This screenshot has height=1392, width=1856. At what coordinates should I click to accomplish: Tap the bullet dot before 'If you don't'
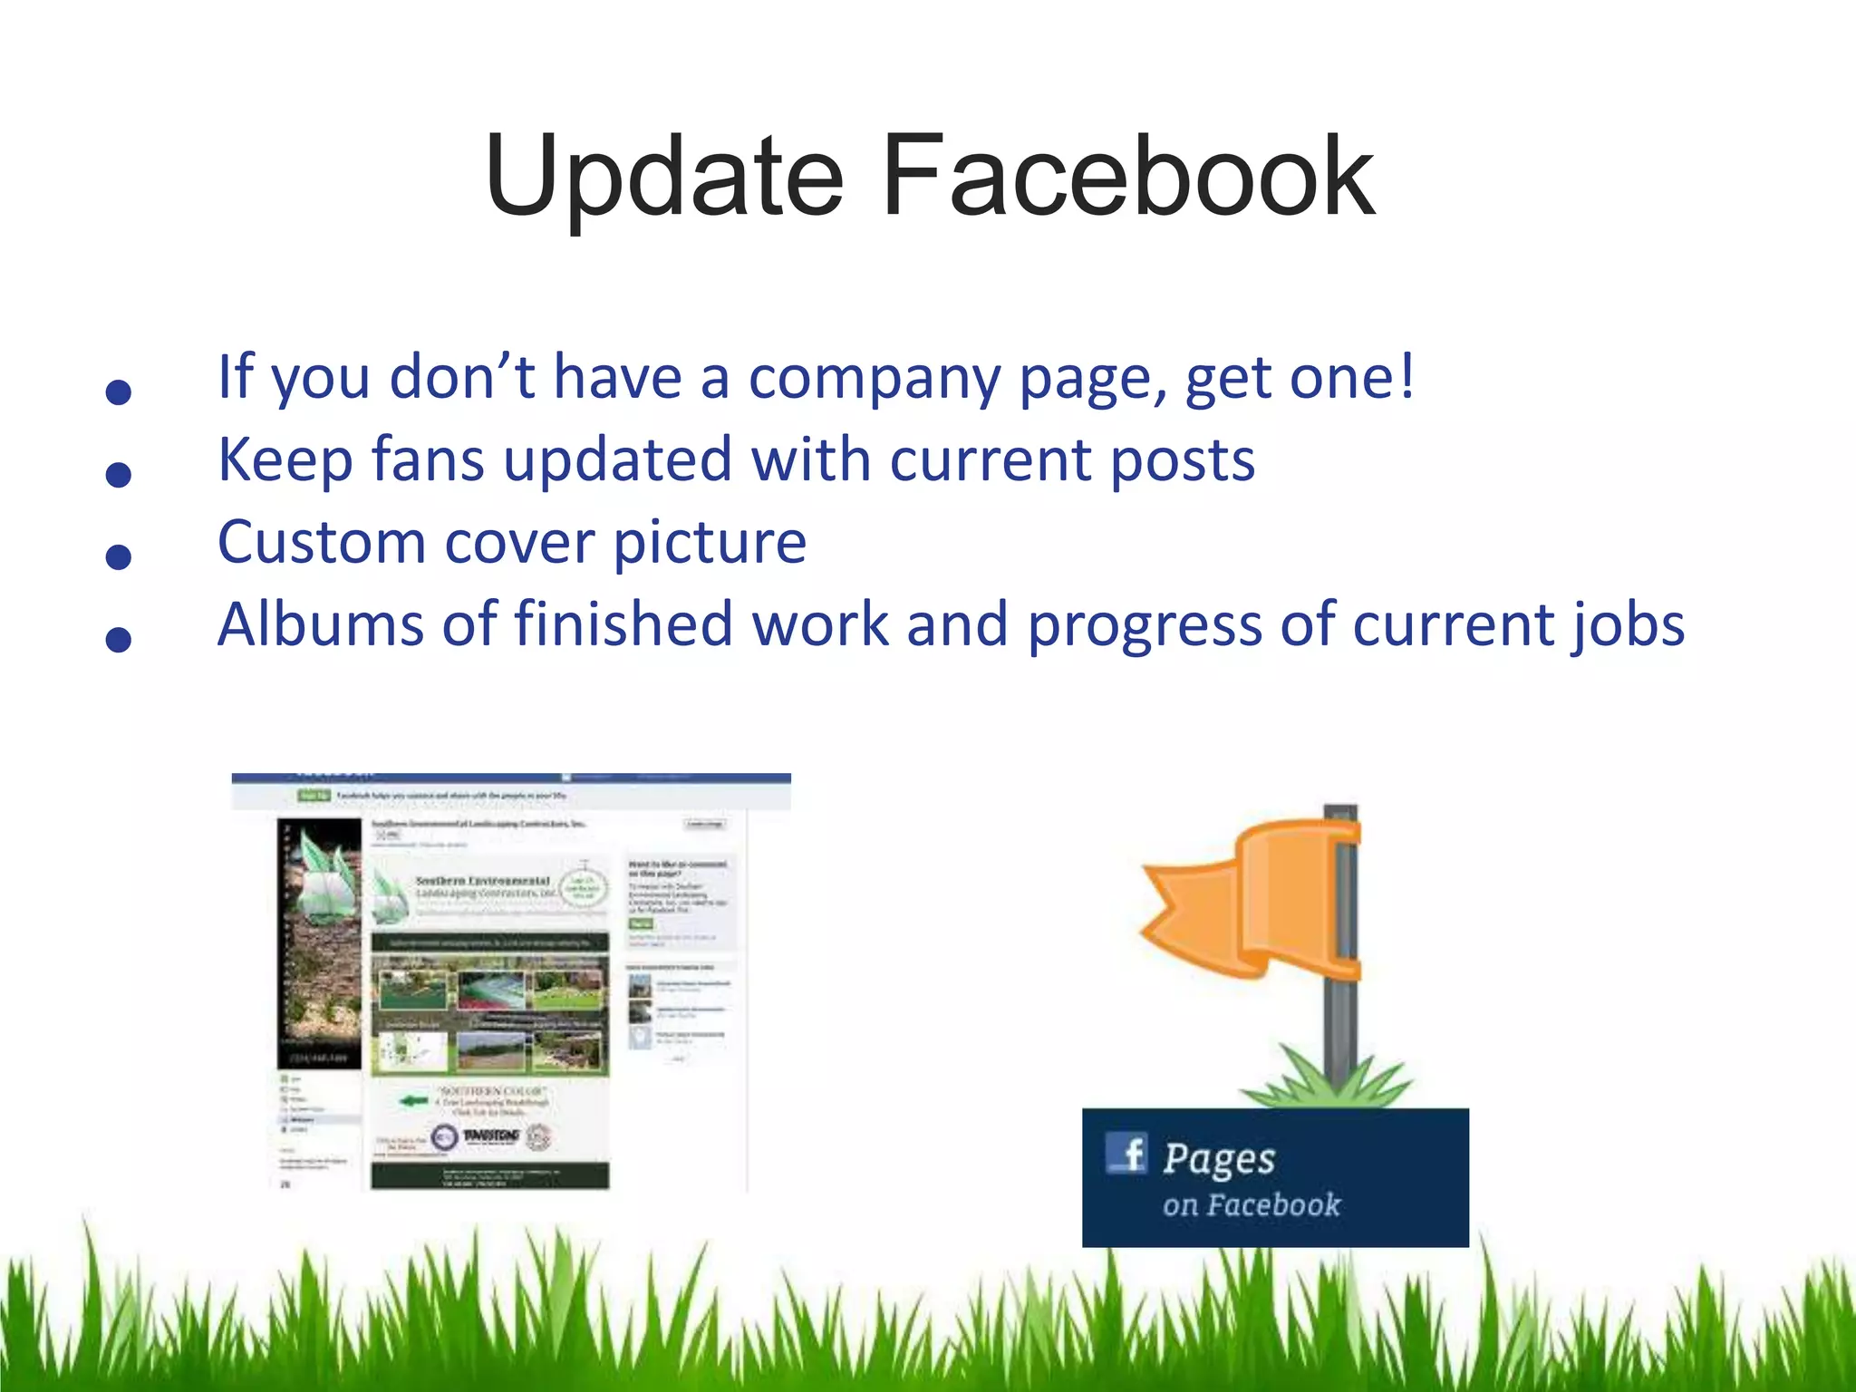(119, 392)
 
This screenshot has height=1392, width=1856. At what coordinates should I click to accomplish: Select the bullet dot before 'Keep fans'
(119, 474)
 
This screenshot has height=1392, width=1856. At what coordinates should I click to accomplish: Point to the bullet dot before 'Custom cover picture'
(119, 556)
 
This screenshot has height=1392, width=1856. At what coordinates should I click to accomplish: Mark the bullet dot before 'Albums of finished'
(119, 639)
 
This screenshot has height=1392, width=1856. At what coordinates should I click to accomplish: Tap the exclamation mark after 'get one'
(1406, 375)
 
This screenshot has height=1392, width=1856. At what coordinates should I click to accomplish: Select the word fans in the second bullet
(428, 459)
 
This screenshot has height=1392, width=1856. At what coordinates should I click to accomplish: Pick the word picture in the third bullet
(710, 544)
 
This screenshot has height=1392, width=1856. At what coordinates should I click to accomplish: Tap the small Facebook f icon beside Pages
(1127, 1154)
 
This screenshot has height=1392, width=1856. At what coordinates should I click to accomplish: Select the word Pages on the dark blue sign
(1219, 1159)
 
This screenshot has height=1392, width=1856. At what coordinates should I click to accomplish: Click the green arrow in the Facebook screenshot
(413, 1101)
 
